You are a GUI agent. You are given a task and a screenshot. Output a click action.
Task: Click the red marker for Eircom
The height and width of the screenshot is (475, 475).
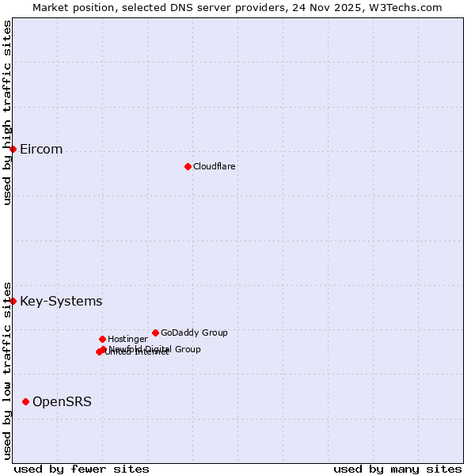(x=13, y=149)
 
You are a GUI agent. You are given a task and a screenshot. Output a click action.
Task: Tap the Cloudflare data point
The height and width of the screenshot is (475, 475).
(x=188, y=166)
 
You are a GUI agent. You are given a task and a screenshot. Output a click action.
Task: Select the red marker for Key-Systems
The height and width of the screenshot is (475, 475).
(x=13, y=301)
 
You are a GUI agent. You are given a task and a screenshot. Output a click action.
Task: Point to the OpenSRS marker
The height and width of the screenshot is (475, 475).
(x=25, y=401)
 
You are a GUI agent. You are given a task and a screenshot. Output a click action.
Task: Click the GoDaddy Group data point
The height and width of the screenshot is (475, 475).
(x=155, y=332)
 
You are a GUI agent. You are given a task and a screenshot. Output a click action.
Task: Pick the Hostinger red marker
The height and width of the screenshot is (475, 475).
(x=102, y=339)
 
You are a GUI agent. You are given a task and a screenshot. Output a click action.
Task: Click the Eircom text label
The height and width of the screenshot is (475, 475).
(x=41, y=150)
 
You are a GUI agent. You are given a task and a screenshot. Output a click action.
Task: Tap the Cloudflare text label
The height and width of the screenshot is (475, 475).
(x=214, y=166)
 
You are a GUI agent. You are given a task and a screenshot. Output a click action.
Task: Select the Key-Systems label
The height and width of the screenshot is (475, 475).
(x=61, y=301)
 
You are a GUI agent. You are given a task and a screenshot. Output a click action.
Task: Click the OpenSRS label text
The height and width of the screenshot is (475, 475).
(x=62, y=401)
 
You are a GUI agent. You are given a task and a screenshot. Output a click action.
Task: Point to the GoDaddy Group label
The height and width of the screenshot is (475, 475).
(x=194, y=332)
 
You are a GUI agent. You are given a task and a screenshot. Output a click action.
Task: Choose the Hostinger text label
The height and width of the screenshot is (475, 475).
(x=127, y=339)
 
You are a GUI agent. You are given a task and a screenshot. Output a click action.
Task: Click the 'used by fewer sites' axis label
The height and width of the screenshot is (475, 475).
(x=82, y=469)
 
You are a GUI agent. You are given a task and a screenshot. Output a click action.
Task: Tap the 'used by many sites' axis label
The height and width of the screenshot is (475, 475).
(x=397, y=469)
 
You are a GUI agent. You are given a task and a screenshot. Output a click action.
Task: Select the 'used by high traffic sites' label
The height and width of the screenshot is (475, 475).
(x=7, y=113)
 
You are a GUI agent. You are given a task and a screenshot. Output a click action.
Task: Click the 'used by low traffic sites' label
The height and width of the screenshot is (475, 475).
(x=7, y=370)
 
